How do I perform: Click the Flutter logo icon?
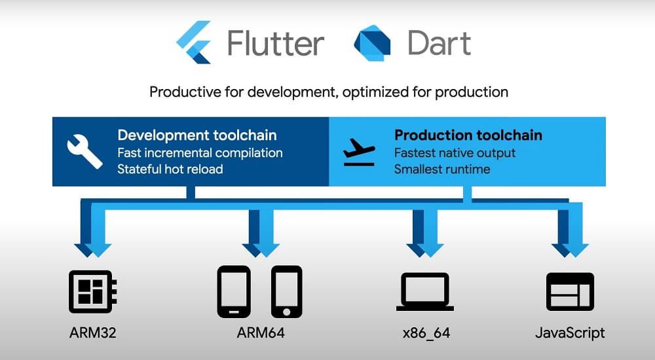(x=193, y=42)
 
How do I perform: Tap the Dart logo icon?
(x=372, y=43)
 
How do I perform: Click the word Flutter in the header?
(x=276, y=43)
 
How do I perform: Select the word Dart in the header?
(x=439, y=43)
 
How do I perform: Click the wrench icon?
(x=84, y=151)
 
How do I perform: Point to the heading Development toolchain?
(x=197, y=135)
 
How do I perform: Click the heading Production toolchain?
(x=468, y=135)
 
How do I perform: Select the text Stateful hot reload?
(x=170, y=169)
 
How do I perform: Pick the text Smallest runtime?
(x=442, y=169)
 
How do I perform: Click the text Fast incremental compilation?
(x=200, y=153)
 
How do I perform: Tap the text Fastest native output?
(x=455, y=153)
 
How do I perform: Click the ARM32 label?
(x=93, y=333)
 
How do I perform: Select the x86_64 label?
(x=426, y=333)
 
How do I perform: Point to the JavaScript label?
(x=570, y=333)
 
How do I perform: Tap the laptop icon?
(x=425, y=291)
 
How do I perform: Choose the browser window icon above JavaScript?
(x=570, y=291)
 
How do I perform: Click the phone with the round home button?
(x=287, y=291)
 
